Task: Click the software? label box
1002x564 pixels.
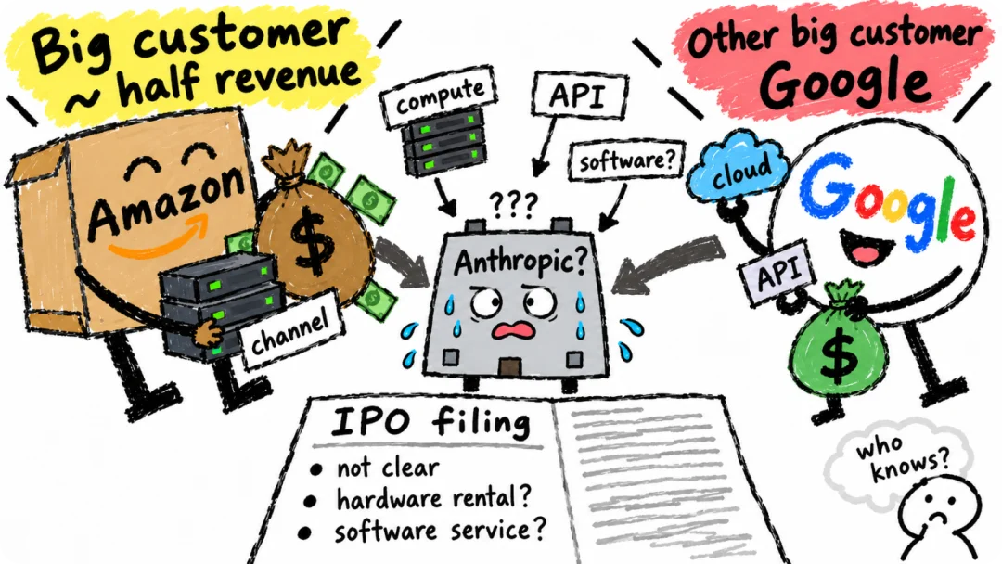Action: pos(627,160)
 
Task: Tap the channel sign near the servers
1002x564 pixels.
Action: pos(290,329)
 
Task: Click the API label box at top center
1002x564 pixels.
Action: pos(579,95)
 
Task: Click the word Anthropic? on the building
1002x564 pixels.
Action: pos(519,261)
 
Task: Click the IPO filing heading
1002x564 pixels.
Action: pos(430,422)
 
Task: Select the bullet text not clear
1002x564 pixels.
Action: pos(388,468)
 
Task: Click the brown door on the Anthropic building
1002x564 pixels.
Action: pos(510,368)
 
